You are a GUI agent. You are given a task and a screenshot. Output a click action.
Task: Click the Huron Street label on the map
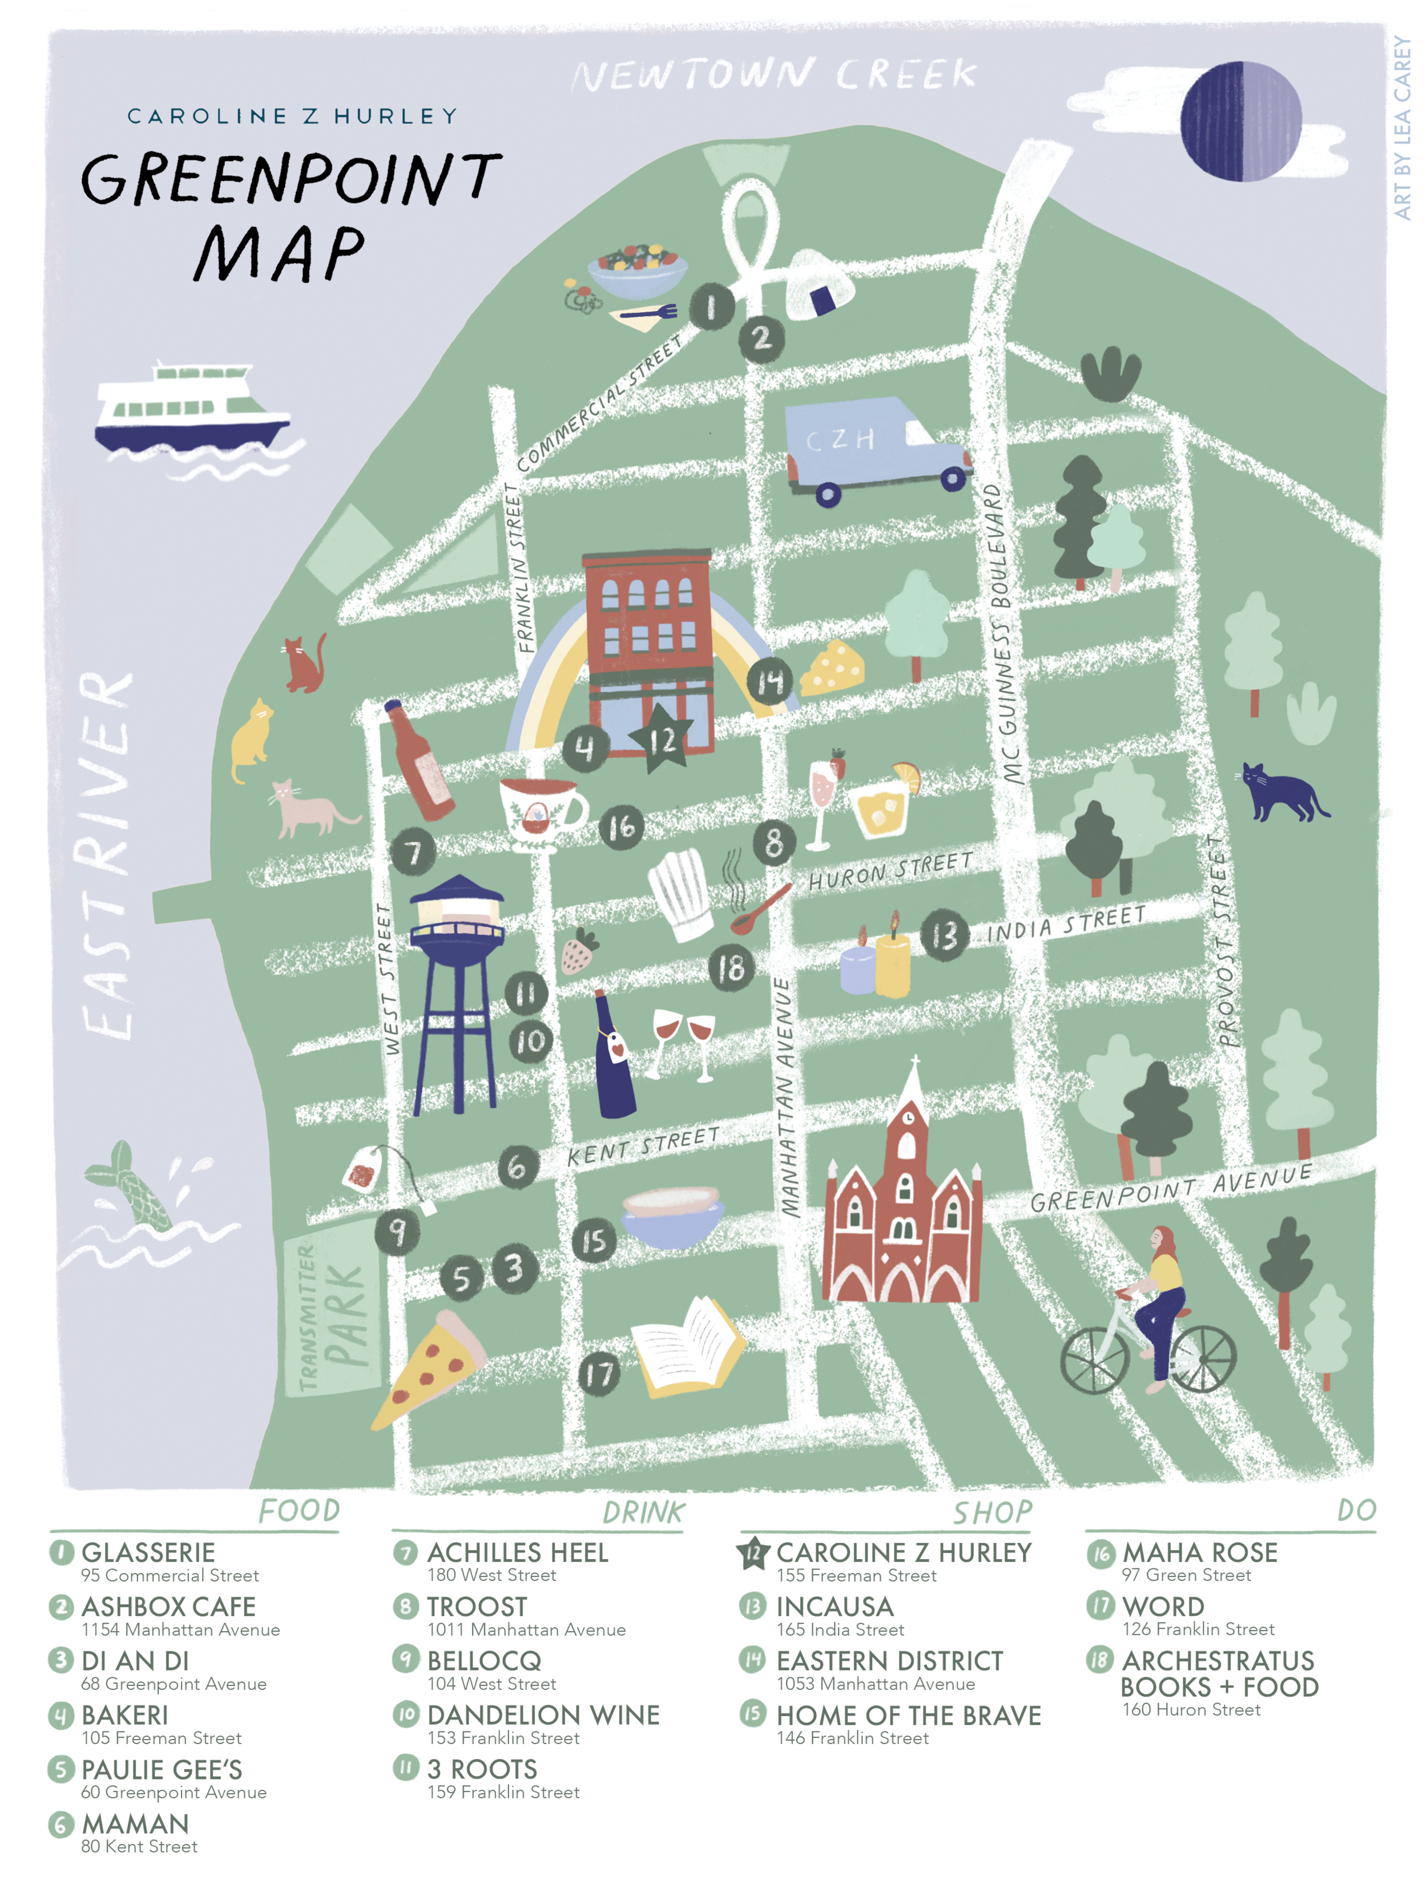click(889, 871)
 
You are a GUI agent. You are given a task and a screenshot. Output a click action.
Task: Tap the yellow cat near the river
click(251, 739)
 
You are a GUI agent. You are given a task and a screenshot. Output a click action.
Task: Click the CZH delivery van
click(875, 452)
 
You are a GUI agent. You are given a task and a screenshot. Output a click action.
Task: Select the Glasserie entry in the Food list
click(148, 1552)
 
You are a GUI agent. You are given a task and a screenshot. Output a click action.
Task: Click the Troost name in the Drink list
click(477, 1607)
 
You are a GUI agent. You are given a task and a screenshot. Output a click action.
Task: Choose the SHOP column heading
click(992, 1512)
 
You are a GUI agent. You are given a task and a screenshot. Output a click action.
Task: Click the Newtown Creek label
click(775, 75)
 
